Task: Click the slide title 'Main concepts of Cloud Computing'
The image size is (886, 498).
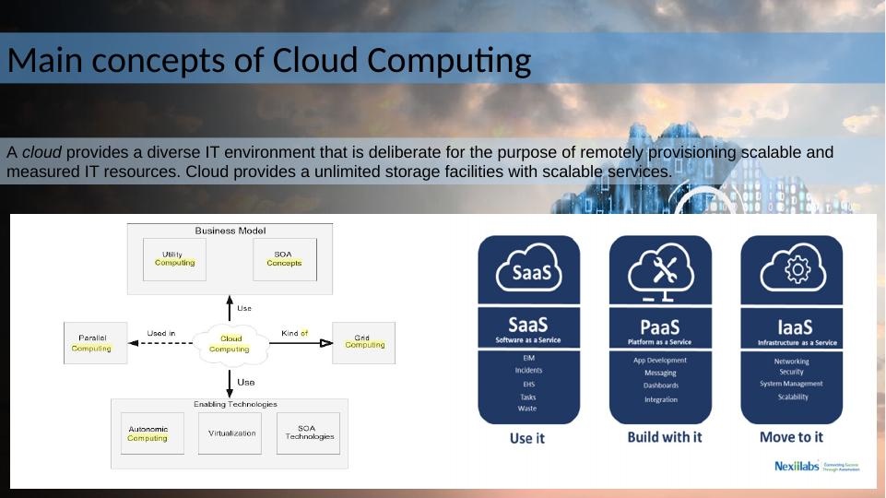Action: pyautogui.click(x=269, y=61)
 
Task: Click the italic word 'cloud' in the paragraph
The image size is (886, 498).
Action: pyautogui.click(x=41, y=152)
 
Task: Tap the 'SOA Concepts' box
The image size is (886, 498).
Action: pyautogui.click(x=284, y=259)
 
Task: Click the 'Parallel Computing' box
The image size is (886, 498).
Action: pyautogui.click(x=94, y=343)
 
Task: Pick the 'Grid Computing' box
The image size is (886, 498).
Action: pyautogui.click(x=363, y=343)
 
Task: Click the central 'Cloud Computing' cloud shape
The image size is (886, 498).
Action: pyautogui.click(x=230, y=344)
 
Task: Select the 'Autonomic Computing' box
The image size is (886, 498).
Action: pyautogui.click(x=152, y=433)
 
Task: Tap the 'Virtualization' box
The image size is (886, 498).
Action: pyautogui.click(x=230, y=433)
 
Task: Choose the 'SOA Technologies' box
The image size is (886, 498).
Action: pyautogui.click(x=308, y=433)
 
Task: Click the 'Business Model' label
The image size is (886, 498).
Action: pyautogui.click(x=230, y=231)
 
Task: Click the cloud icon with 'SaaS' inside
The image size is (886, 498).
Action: pyautogui.click(x=529, y=270)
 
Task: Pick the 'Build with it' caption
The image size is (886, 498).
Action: pyautogui.click(x=664, y=437)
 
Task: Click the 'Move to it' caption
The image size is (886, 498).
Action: pyautogui.click(x=791, y=437)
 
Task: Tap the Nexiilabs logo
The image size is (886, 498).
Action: pyautogui.click(x=817, y=467)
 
